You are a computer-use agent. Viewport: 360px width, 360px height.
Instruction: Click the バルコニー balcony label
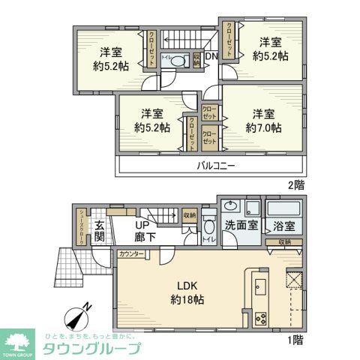(216, 165)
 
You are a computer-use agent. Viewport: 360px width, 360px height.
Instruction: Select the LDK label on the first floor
(187, 286)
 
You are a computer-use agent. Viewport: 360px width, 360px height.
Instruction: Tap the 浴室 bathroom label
(284, 223)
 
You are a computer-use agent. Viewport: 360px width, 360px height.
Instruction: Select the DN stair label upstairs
(211, 55)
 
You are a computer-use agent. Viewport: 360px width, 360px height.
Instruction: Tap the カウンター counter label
(131, 255)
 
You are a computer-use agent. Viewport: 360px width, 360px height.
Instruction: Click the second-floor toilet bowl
(174, 63)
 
